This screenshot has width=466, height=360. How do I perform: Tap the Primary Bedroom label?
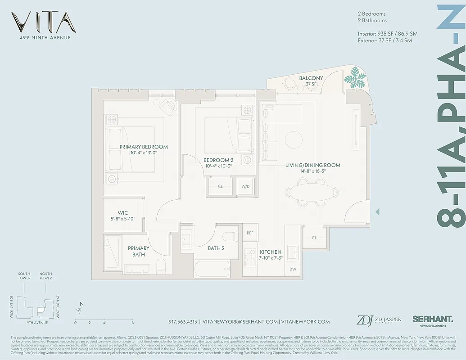click(x=144, y=147)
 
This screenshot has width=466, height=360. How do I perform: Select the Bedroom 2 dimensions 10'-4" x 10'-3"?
click(x=218, y=166)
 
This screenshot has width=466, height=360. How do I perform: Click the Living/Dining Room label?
click(x=312, y=165)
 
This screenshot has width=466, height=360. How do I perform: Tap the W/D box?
click(x=245, y=186)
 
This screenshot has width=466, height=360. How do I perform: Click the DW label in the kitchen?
click(x=293, y=269)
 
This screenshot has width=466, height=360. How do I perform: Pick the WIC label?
click(x=123, y=213)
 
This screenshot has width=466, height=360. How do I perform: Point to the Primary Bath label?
click(x=138, y=251)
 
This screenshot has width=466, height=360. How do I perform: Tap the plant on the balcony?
click(x=356, y=79)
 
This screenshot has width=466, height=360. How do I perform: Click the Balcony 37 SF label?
click(x=311, y=81)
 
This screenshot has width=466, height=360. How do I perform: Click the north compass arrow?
click(x=80, y=310)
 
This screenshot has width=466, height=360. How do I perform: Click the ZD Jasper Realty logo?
click(x=378, y=320)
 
